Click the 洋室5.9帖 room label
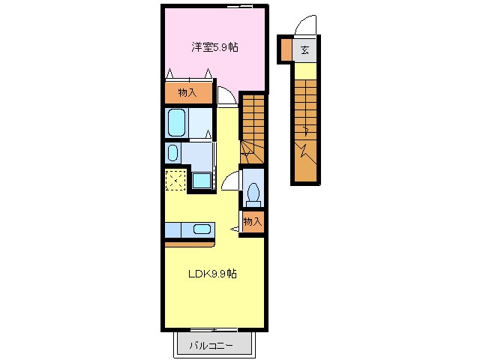(214, 47)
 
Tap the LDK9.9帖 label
(212, 274)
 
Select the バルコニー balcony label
(211, 346)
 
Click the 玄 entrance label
(304, 51)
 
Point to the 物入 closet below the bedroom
(187, 92)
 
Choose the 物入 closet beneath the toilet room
(253, 221)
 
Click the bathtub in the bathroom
(177, 122)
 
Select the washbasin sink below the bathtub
(173, 154)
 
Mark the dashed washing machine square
(176, 181)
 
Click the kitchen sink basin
(202, 229)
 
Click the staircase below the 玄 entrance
(304, 120)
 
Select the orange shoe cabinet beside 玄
(286, 50)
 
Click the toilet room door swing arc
(232, 182)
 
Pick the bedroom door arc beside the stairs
(226, 96)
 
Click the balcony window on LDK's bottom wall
(213, 329)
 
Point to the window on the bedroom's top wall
(240, 6)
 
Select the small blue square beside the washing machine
(200, 181)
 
